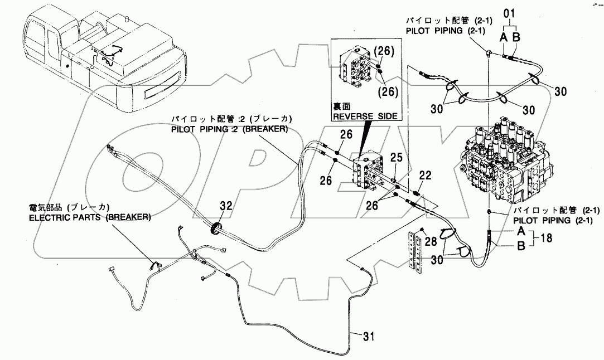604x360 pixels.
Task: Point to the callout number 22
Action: (426, 176)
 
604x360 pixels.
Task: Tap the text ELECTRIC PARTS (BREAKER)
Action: (90, 217)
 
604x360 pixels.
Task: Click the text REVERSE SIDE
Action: (365, 116)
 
